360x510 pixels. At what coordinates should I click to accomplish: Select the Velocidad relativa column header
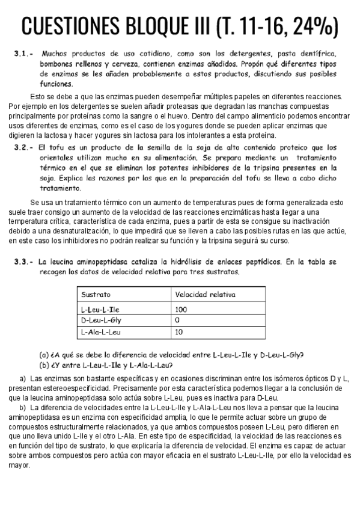204,295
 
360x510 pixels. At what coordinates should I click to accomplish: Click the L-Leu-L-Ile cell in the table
100,309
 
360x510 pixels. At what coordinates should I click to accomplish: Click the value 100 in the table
181,309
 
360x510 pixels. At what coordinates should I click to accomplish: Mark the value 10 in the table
178,331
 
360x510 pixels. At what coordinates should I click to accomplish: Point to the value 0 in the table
177,320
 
